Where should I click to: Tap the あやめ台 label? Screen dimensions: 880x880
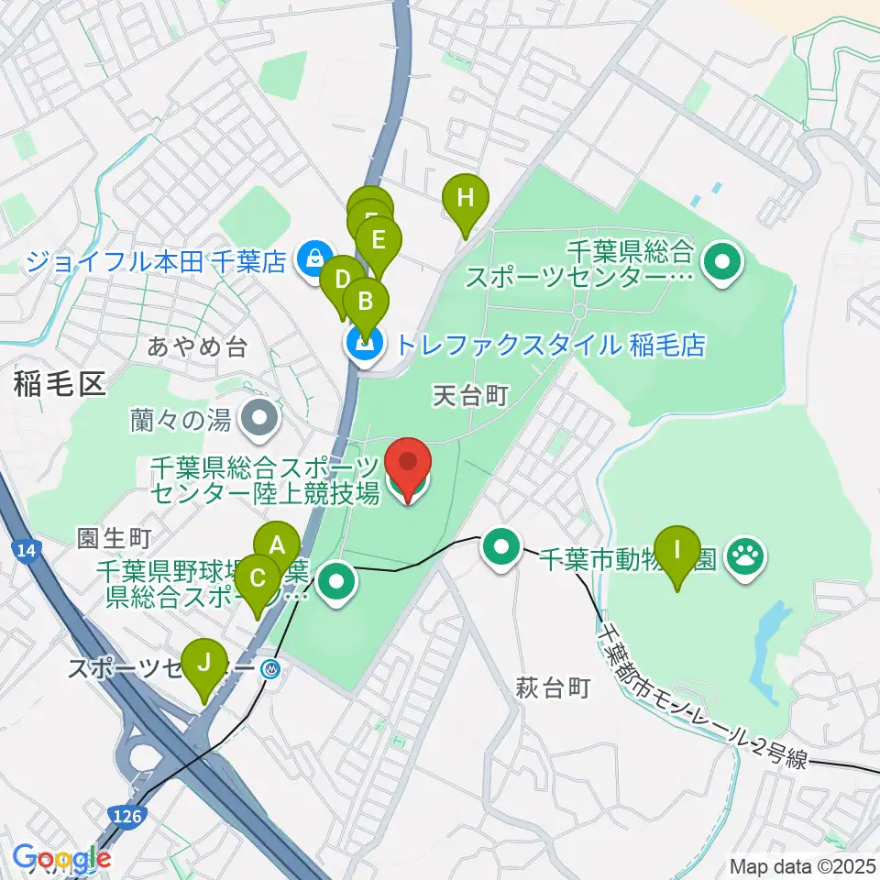click(197, 346)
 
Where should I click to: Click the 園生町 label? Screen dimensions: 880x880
click(114, 536)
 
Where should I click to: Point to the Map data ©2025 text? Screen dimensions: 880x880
click(802, 864)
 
